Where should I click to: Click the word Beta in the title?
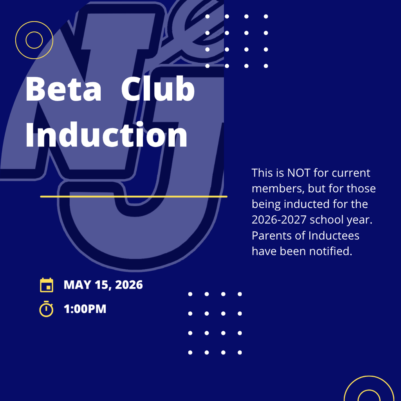(63, 89)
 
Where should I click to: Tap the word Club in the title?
(157, 89)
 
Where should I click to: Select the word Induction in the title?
(106, 135)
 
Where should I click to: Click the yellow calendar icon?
(47, 285)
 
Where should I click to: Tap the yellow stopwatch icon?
(46, 309)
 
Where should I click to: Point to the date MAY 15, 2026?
(103, 285)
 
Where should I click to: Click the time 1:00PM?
(85, 309)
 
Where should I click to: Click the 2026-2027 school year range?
(279, 220)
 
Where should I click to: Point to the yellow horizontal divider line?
(134, 196)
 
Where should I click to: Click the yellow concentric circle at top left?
(34, 40)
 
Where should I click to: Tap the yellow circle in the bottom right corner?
(369, 392)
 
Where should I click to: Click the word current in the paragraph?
(351, 173)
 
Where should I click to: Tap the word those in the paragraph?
(359, 188)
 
